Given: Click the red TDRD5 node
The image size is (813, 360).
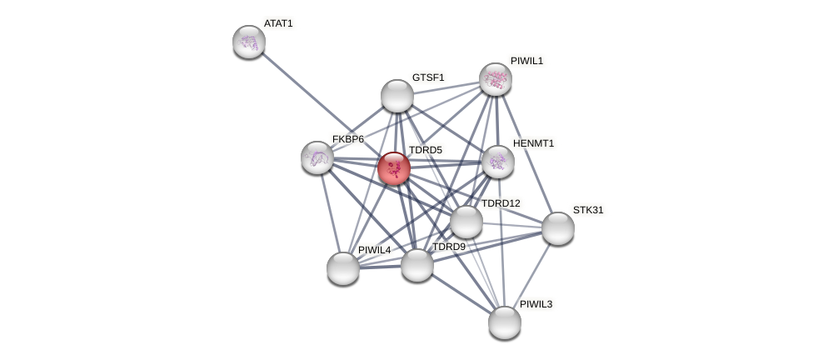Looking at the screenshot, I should coord(394,167).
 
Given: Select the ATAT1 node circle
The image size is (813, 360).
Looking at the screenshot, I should coord(249,41).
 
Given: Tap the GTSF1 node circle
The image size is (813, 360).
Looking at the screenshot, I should coord(397,96).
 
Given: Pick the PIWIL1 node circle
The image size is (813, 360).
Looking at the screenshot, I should coord(496,79).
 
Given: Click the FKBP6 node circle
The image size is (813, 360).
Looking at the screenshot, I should coord(317,157).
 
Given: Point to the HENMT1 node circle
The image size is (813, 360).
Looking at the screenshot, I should coord(498,162).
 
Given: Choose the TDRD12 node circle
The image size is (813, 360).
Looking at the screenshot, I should coord(466,222).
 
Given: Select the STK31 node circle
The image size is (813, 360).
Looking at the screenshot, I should coord(558,228).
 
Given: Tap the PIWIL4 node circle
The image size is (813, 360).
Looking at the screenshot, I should coord(343,268).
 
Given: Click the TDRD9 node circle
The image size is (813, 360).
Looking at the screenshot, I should coord(417,265).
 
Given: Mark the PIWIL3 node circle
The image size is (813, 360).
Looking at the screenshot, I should coord(505,322).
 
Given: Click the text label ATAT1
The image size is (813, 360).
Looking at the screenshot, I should coord(278,23).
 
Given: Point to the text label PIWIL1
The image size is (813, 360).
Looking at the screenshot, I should coord(526,61).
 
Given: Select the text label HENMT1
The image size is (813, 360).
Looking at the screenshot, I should coord(533,143).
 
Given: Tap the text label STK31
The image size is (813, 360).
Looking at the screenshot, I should coord(588,210).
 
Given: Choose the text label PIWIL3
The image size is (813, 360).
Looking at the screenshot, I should coord(536,304).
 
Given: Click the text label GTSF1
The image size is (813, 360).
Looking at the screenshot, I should coord(428,77).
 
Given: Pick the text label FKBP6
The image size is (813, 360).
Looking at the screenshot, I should coord(348,139).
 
